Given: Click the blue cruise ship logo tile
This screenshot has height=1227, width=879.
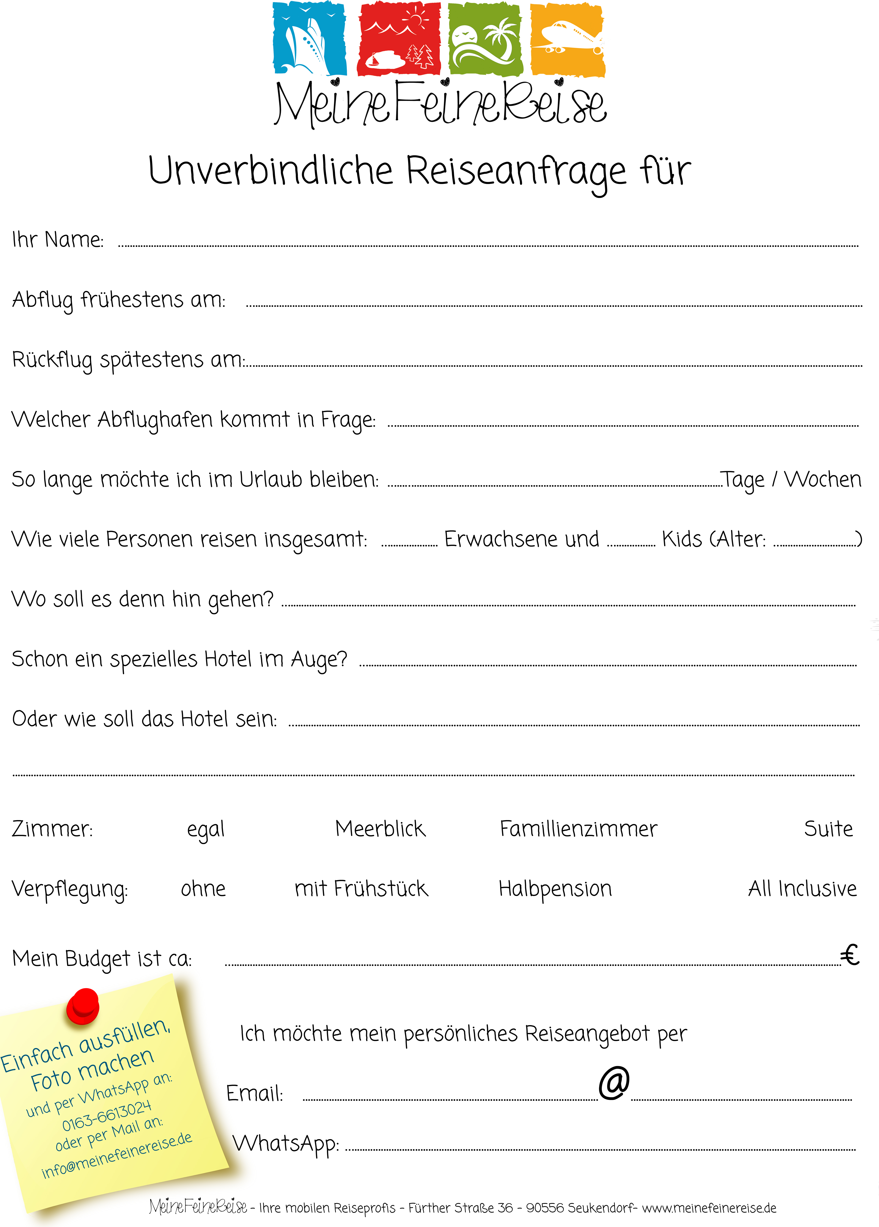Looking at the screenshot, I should pos(309,39).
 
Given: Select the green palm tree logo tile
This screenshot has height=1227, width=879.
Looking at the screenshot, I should pos(485,39).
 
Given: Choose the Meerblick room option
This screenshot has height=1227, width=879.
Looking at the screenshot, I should pos(380,829).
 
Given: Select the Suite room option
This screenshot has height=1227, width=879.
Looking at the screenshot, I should pos(828,829).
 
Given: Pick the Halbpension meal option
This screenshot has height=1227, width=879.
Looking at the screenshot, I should pos(555,889).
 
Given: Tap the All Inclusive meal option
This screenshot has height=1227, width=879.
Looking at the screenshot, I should pos(802,889).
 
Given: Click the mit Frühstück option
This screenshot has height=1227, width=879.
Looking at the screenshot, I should pos(361,889).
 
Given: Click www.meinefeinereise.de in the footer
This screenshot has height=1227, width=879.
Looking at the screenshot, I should pos(709,1208).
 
